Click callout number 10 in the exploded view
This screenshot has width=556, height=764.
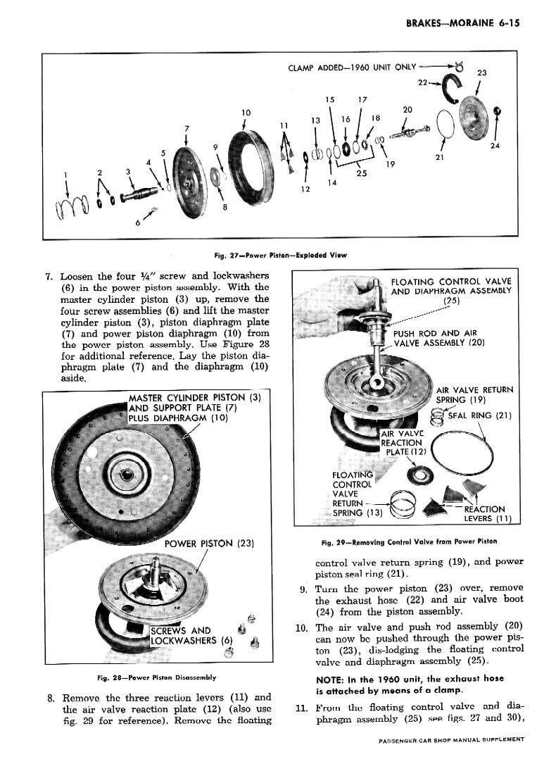246,113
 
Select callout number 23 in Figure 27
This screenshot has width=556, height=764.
481,73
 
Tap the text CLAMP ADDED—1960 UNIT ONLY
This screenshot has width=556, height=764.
352,67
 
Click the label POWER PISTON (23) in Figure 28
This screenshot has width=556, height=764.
209,544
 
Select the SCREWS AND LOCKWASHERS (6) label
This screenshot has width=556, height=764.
191,635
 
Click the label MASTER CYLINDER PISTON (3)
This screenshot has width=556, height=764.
195,398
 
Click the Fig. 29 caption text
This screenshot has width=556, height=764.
410,541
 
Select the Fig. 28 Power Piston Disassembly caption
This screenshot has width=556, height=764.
157,677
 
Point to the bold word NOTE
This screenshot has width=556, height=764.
329,680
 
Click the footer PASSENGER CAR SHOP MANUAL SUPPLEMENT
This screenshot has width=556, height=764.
451,739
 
